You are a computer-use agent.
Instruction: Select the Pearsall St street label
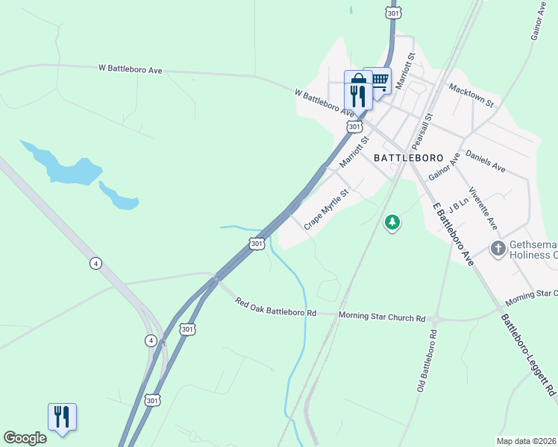coord(422,130)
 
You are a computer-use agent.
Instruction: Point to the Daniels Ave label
coord(485,161)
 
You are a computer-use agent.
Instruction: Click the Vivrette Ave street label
coord(483,208)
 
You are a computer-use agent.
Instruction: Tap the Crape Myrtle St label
coord(326,209)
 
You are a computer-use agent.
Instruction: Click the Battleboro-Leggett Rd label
coord(528,355)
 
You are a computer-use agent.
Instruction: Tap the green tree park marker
coord(392,222)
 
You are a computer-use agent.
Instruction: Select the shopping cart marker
coord(380,79)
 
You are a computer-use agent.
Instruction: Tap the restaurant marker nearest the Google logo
coord(62,416)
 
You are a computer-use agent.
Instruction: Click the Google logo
coord(25,438)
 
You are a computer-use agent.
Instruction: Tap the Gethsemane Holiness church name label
coord(533,250)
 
